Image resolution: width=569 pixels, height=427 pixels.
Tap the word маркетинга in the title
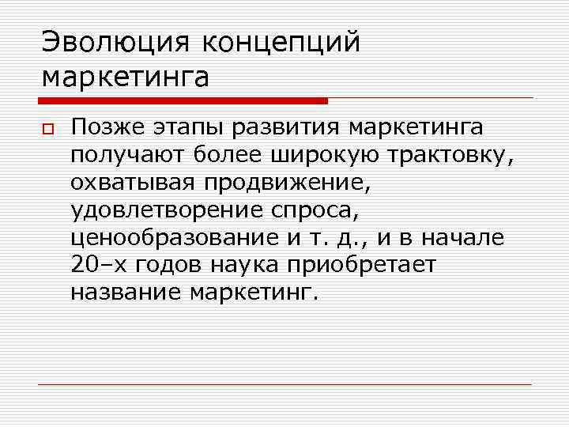(126, 78)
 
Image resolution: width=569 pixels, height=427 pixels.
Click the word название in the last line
(126, 293)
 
